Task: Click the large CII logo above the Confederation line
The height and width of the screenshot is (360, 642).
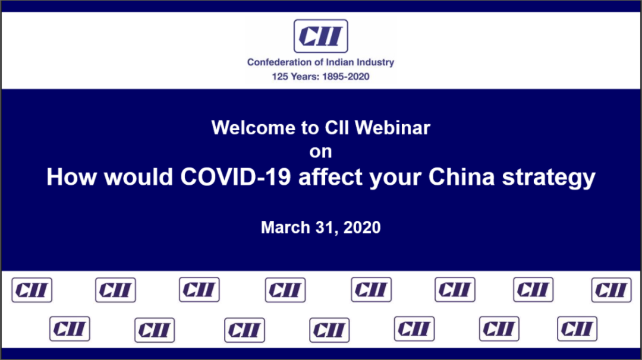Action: pos(320,36)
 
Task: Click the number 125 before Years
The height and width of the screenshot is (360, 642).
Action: pos(280,77)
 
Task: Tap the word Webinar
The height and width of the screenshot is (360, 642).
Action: pos(392,128)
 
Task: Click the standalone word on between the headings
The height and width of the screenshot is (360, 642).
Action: pos(320,151)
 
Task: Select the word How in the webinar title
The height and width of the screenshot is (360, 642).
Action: pos(72,176)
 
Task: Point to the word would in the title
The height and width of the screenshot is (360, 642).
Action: pos(139,176)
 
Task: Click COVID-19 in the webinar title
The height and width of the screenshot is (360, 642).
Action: pos(236,176)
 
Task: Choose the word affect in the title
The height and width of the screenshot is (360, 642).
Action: pos(331,176)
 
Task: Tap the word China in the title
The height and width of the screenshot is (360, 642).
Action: pos(462,176)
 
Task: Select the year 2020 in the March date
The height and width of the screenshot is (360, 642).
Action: pos(362,228)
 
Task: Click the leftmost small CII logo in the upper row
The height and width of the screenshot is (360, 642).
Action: pos(32,290)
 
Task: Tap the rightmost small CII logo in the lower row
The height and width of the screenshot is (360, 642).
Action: pos(577,329)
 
